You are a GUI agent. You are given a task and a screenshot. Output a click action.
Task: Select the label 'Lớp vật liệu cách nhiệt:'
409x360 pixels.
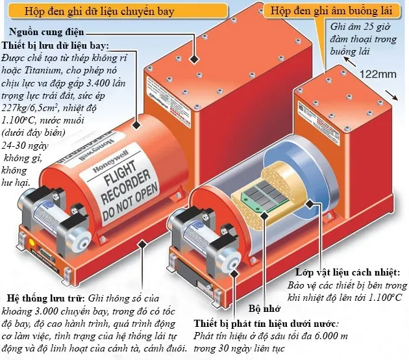click(347, 272)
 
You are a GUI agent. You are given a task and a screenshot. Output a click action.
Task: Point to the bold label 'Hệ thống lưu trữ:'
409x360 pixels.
click(43, 298)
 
